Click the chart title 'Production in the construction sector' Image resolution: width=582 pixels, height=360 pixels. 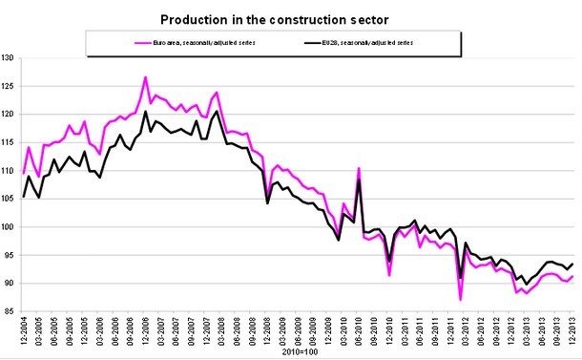291,18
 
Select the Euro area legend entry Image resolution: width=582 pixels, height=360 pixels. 197,43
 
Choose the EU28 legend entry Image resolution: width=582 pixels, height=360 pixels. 372,43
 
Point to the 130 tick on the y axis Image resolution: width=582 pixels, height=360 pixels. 10,58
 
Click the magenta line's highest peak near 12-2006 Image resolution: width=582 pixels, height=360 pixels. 145,76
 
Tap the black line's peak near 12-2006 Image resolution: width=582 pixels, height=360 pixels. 145,112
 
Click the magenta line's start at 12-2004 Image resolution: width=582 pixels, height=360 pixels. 24,173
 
